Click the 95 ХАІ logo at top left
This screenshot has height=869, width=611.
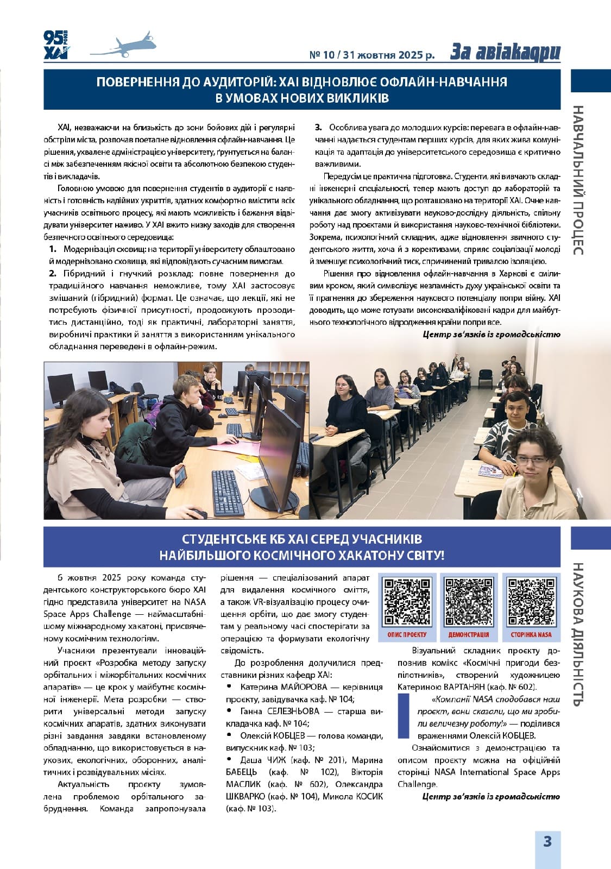[x=55, y=45]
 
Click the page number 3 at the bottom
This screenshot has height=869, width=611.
[x=547, y=841]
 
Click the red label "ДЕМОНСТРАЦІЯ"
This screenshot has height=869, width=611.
[x=468, y=634]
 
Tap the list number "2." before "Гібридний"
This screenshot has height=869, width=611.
[x=53, y=273]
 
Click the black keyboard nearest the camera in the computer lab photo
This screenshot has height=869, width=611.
[x=227, y=492]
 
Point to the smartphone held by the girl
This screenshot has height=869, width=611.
[x=180, y=476]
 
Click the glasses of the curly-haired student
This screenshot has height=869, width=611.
[x=532, y=461]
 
